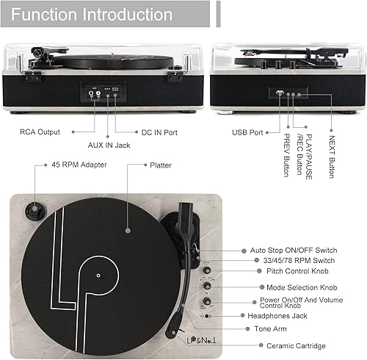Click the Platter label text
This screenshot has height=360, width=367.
[160, 165]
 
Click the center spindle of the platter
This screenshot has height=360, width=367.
[98, 276]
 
